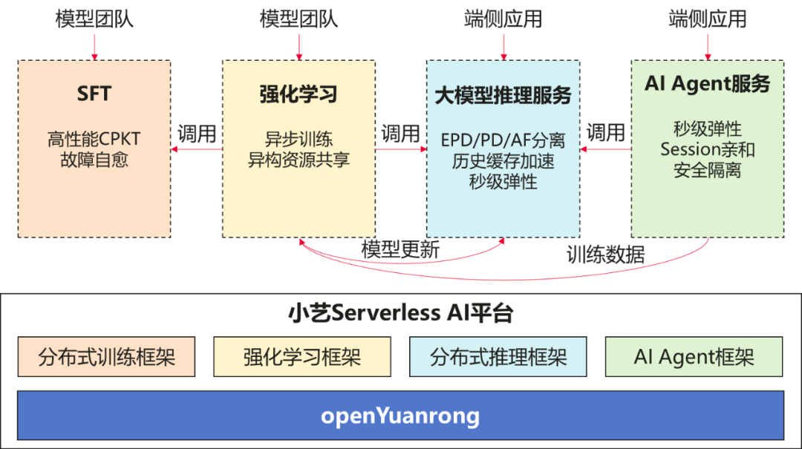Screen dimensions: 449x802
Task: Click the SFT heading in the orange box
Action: (94, 94)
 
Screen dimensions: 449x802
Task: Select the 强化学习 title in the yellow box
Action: (299, 94)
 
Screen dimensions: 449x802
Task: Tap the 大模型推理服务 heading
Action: (503, 96)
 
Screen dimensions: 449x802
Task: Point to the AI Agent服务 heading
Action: (707, 84)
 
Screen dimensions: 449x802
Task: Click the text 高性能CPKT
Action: (94, 139)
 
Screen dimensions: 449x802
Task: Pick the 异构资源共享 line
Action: (299, 160)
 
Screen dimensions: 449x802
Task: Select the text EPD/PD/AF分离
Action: (503, 140)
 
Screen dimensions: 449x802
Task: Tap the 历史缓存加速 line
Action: (503, 160)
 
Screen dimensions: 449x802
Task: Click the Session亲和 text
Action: (707, 149)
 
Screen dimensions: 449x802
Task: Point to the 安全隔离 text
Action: (707, 170)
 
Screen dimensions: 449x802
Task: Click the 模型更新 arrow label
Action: (400, 250)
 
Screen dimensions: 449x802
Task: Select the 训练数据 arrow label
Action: (605, 255)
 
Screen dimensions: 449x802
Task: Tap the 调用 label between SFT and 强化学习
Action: (197, 134)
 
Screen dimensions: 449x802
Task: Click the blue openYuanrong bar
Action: (400, 416)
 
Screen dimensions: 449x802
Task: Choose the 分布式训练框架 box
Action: (107, 357)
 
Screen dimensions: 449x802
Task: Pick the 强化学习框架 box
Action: (302, 357)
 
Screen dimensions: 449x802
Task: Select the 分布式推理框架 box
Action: (498, 357)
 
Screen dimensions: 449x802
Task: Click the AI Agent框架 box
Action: (694, 357)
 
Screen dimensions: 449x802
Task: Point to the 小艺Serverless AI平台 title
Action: (400, 313)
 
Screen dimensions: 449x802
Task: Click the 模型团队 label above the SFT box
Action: (94, 19)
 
